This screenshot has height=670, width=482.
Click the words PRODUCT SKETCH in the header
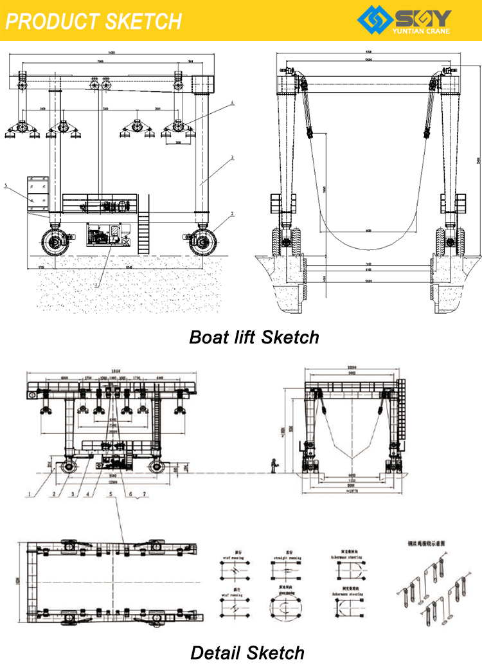coord(93,21)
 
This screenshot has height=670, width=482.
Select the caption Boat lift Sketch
coord(254,337)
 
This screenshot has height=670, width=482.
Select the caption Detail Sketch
coord(247,653)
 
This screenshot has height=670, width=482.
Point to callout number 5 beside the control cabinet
coord(6,186)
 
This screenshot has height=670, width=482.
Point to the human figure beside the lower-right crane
coord(275,466)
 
